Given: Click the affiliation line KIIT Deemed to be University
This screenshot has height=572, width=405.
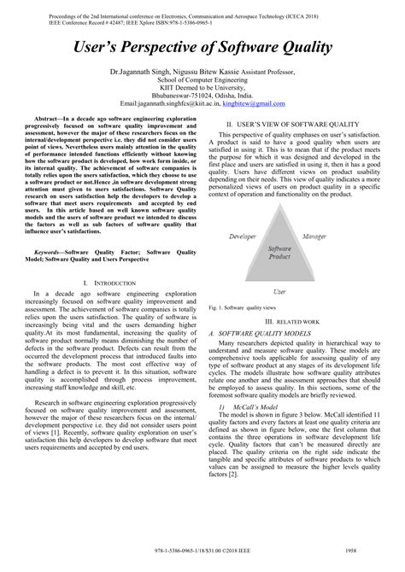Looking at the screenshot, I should [x=202, y=87].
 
